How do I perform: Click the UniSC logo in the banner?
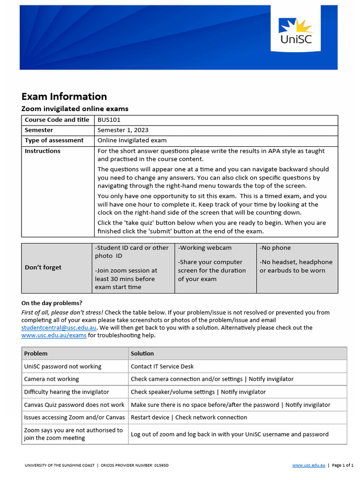point(295,32)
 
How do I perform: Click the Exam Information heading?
point(64,97)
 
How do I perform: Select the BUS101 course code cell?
point(109,120)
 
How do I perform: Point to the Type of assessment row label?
point(54,140)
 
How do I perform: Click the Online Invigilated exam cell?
point(132,140)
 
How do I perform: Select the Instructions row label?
point(43,151)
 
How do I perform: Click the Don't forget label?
point(43,267)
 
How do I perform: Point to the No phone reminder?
point(275,248)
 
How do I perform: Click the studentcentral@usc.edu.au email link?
point(59,328)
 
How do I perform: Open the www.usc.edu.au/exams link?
point(54,336)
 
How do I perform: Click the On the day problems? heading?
point(52,303)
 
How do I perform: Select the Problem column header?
point(36,353)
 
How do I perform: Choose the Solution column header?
point(142,353)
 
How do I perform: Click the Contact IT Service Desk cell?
point(162,367)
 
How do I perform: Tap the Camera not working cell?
point(52,379)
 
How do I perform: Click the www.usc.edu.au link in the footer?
point(308,465)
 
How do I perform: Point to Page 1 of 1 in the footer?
point(343,465)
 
